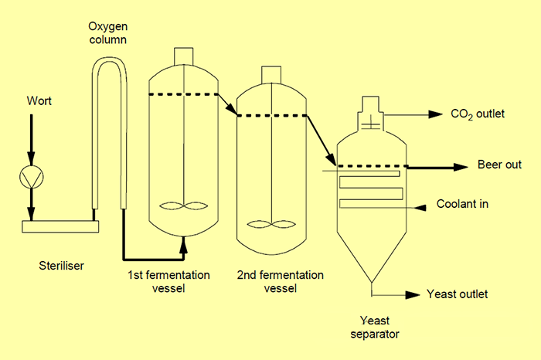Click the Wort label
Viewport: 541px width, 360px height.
pos(39,100)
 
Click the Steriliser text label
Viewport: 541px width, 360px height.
pos(61,267)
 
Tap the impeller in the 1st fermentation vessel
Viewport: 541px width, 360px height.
pos(182,206)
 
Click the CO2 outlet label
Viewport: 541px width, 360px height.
pos(478,114)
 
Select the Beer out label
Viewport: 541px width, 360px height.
pos(499,165)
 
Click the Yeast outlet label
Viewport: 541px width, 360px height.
pos(458,294)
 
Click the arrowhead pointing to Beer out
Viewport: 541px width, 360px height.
pos(461,166)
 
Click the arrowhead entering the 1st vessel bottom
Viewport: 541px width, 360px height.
pos(183,245)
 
